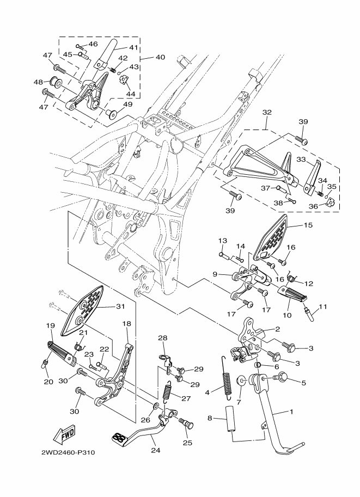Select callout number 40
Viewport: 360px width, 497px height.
pos(160,57)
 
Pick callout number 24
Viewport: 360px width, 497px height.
pos(156,450)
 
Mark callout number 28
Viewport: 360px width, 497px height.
pos(162,338)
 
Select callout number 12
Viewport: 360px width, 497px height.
pos(310,283)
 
